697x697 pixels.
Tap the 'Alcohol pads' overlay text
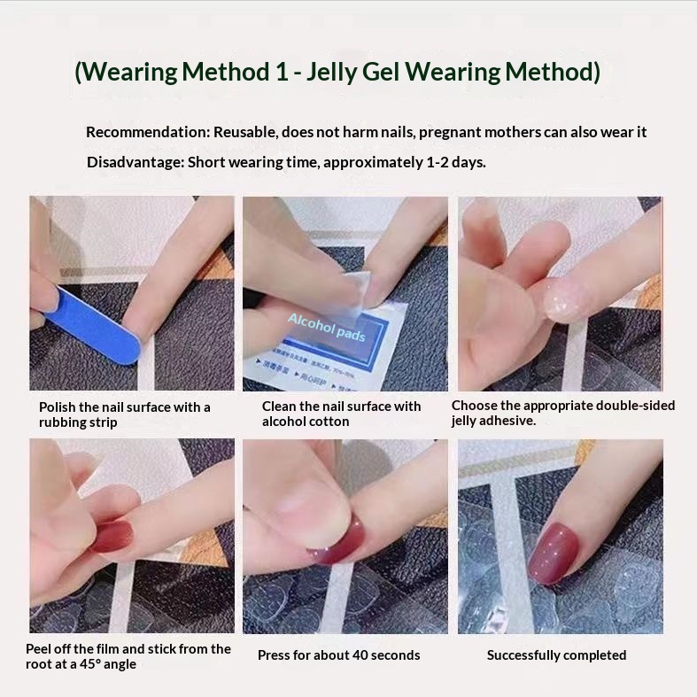[x=327, y=328]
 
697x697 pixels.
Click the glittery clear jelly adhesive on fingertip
[x=563, y=299]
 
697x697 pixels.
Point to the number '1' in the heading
[x=282, y=72]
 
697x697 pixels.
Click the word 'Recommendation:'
[x=148, y=132]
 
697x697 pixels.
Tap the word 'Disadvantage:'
[x=136, y=162]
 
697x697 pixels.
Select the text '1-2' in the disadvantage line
[x=437, y=162]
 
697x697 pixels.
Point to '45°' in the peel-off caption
[x=90, y=664]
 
